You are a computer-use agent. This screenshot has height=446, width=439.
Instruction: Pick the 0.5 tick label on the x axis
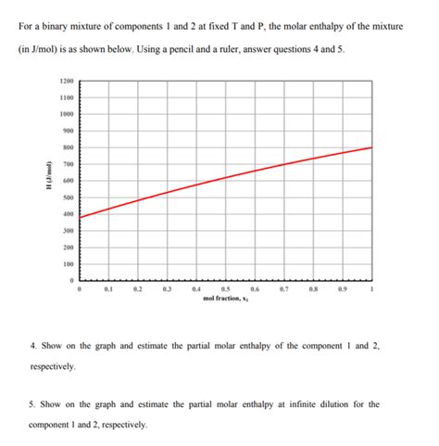pyautogui.click(x=226, y=290)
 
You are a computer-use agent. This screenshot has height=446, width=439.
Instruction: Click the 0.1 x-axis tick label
pyautogui.click(x=109, y=290)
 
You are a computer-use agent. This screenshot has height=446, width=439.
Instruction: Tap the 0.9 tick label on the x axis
pyautogui.click(x=343, y=290)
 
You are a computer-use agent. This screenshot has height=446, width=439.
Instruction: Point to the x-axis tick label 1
pyautogui.click(x=372, y=290)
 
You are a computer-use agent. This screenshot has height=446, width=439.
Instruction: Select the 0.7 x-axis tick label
pyautogui.click(x=284, y=290)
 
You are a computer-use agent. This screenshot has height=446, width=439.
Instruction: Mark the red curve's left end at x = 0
pyautogui.click(x=81, y=217)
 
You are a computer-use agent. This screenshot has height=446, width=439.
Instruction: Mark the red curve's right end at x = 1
pyautogui.click(x=371, y=147)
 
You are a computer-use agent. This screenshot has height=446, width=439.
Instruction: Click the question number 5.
pyautogui.click(x=32, y=404)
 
